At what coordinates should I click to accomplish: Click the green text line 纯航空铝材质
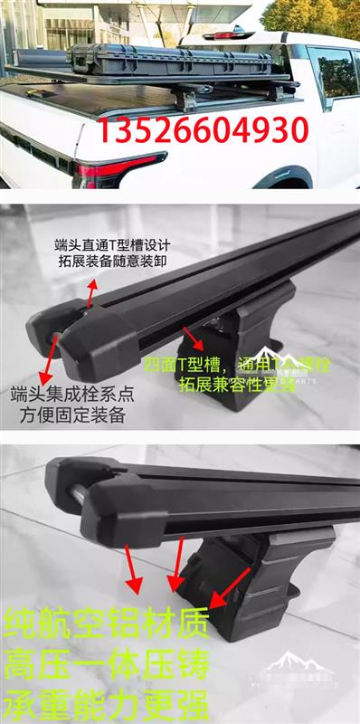[107, 624]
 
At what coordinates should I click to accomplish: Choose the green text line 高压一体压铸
[107, 665]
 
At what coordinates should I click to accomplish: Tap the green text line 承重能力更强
[107, 704]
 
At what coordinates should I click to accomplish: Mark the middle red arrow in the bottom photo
[175, 566]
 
